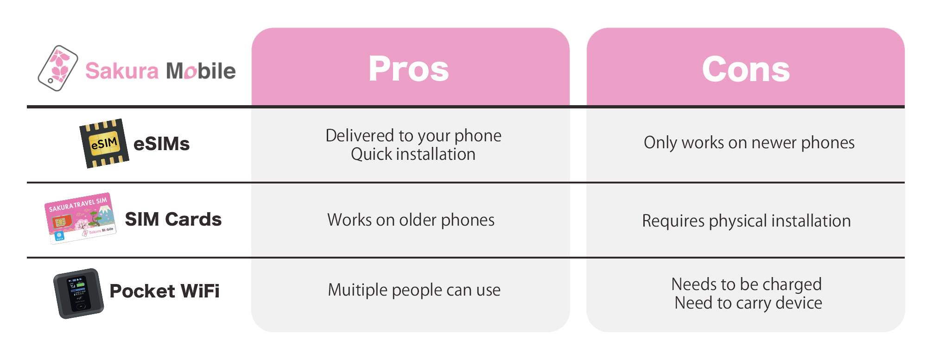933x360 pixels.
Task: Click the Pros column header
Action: [x=409, y=69]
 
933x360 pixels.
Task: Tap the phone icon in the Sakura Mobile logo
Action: [x=58, y=68]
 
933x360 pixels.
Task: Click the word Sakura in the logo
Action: [x=122, y=71]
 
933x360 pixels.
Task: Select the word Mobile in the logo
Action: [x=201, y=70]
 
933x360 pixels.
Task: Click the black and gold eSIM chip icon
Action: [x=104, y=143]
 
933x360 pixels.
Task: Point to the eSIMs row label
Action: [x=161, y=144]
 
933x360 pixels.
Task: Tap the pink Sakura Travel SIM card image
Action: [x=80, y=218]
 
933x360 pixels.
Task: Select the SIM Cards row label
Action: [x=173, y=219]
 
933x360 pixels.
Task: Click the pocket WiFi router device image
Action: [x=78, y=293]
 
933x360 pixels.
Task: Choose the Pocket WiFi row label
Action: [x=165, y=291]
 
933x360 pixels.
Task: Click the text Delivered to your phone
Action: [x=413, y=136]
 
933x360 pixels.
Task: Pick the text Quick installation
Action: [x=413, y=154]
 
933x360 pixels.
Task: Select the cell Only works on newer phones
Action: [x=749, y=143]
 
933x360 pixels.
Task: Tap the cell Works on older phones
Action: [x=411, y=220]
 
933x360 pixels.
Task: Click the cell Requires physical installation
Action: [x=746, y=221]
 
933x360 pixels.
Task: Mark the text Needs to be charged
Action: [x=747, y=284]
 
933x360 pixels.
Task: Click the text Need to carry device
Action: [x=749, y=303]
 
